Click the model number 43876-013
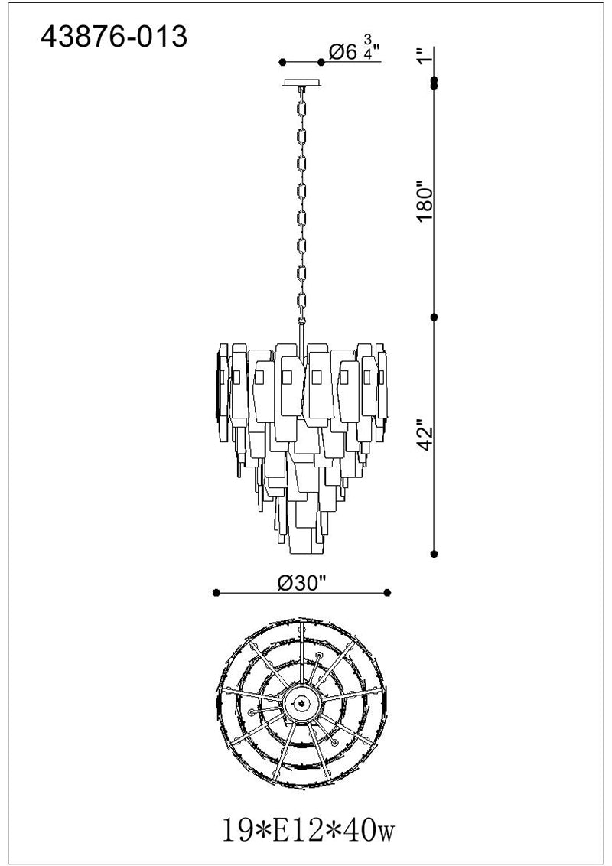pos(114,37)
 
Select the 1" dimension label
pos(424,56)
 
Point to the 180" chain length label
pos(425,203)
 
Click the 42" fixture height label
pos(425,438)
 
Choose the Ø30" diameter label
pos(303,582)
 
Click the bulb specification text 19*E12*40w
pos(308,830)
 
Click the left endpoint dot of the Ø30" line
pos(216,593)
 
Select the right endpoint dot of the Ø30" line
pos(387,593)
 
